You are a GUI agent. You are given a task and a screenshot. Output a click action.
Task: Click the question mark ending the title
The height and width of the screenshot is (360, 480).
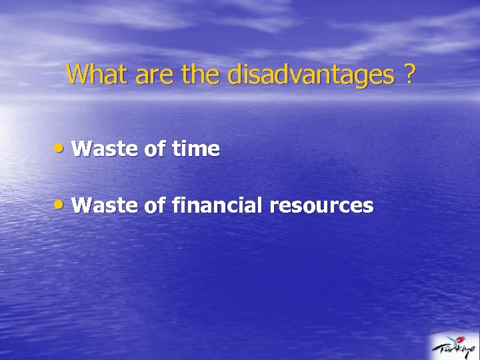[x=408, y=75]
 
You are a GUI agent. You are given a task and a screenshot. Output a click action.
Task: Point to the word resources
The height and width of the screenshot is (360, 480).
[x=321, y=205]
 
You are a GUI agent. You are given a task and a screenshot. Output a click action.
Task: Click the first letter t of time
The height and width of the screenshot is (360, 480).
[x=175, y=149]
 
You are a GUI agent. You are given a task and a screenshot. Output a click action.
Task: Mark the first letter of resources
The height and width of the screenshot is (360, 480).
[x=274, y=207]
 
